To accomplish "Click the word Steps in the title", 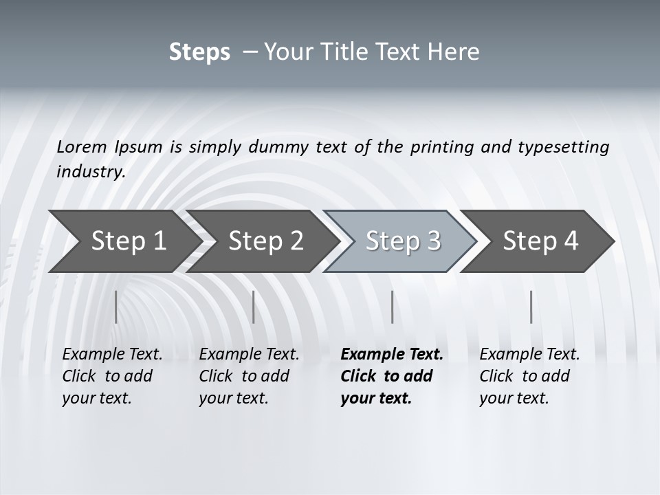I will point(199,52).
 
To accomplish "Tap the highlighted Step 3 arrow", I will point(403,241).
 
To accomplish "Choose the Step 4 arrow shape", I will point(540,241).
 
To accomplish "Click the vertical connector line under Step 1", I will point(116,307).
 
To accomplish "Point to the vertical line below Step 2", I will point(254,307).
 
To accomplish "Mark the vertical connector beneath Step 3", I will point(392,307).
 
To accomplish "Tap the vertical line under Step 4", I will point(531,307).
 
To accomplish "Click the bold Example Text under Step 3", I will point(392,354).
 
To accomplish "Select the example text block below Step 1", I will point(112,376).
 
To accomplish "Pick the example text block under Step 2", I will point(249,376).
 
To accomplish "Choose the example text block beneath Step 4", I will point(529,376).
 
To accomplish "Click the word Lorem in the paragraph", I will point(82,146).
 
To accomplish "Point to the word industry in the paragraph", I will point(90,171).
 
